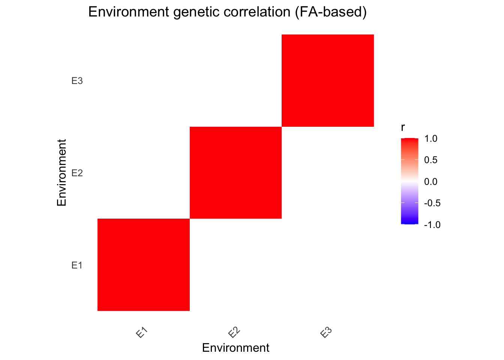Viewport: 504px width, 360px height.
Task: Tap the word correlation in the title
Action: (x=257, y=12)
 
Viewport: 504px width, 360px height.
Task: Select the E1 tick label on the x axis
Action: (x=142, y=333)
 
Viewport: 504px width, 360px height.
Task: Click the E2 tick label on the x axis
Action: (x=234, y=333)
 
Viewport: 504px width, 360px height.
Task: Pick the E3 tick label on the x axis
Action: (x=326, y=333)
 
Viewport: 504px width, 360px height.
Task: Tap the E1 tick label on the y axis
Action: (x=77, y=265)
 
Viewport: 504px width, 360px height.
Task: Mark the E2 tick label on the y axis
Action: (x=77, y=173)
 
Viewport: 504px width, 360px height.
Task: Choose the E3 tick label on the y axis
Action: (x=77, y=81)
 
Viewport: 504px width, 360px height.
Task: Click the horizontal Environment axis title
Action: (x=235, y=348)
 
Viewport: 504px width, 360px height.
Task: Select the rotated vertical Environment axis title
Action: (x=61, y=172)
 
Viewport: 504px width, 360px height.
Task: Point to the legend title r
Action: (x=403, y=127)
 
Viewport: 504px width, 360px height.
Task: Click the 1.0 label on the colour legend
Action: (x=430, y=139)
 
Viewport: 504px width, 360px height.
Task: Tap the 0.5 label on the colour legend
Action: (x=430, y=160)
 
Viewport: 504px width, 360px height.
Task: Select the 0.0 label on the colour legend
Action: (x=430, y=182)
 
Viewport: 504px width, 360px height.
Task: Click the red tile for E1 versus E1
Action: (x=144, y=265)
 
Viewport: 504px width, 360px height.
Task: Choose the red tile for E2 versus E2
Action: (x=235, y=172)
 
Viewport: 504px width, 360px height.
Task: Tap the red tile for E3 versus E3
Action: (x=328, y=81)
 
